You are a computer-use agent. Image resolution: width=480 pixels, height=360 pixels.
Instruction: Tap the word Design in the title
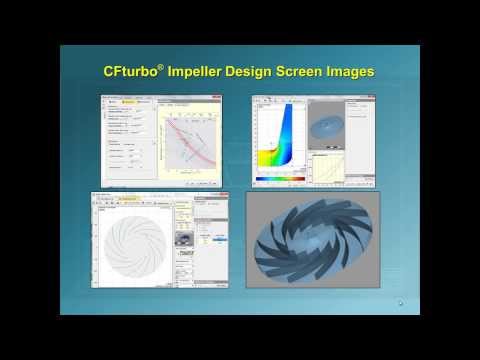click(265, 72)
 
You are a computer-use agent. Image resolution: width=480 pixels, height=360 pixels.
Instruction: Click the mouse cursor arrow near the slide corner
click(401, 304)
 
